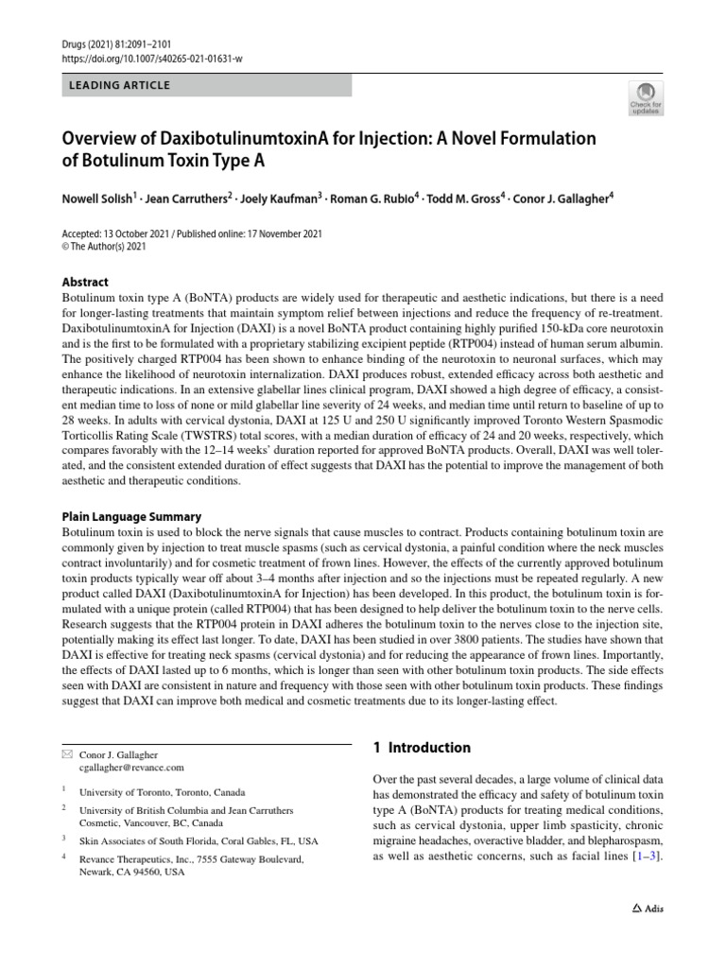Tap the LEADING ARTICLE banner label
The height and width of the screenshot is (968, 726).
click(120, 85)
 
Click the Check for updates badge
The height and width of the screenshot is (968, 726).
click(646, 97)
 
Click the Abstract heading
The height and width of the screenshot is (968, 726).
click(85, 282)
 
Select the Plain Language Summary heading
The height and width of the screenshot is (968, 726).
click(131, 517)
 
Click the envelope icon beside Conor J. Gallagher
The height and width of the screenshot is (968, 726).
click(66, 754)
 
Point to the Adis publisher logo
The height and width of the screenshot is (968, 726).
click(647, 908)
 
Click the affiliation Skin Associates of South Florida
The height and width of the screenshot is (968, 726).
click(199, 839)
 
